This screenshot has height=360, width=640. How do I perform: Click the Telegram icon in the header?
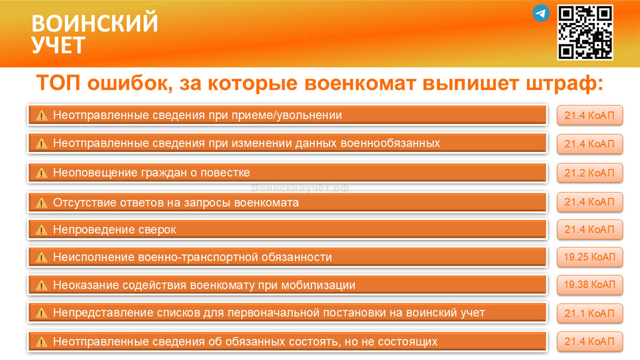click(x=541, y=13)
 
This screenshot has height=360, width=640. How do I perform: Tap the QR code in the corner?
click(x=585, y=32)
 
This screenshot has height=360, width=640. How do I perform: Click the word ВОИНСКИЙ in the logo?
click(x=94, y=23)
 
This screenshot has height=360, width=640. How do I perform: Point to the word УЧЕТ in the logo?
click(x=58, y=45)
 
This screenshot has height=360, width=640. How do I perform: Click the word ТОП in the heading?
click(x=58, y=84)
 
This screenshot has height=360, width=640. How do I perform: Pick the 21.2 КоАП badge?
click(x=589, y=173)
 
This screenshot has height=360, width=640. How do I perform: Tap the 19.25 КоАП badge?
click(x=589, y=257)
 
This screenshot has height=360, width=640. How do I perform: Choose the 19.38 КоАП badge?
click(x=589, y=285)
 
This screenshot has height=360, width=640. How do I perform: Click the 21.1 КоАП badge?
click(x=589, y=314)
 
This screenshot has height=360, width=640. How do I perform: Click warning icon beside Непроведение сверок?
click(x=42, y=230)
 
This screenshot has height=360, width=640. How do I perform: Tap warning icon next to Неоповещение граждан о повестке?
click(x=42, y=173)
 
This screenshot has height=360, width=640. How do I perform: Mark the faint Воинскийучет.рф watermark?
click(x=300, y=188)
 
